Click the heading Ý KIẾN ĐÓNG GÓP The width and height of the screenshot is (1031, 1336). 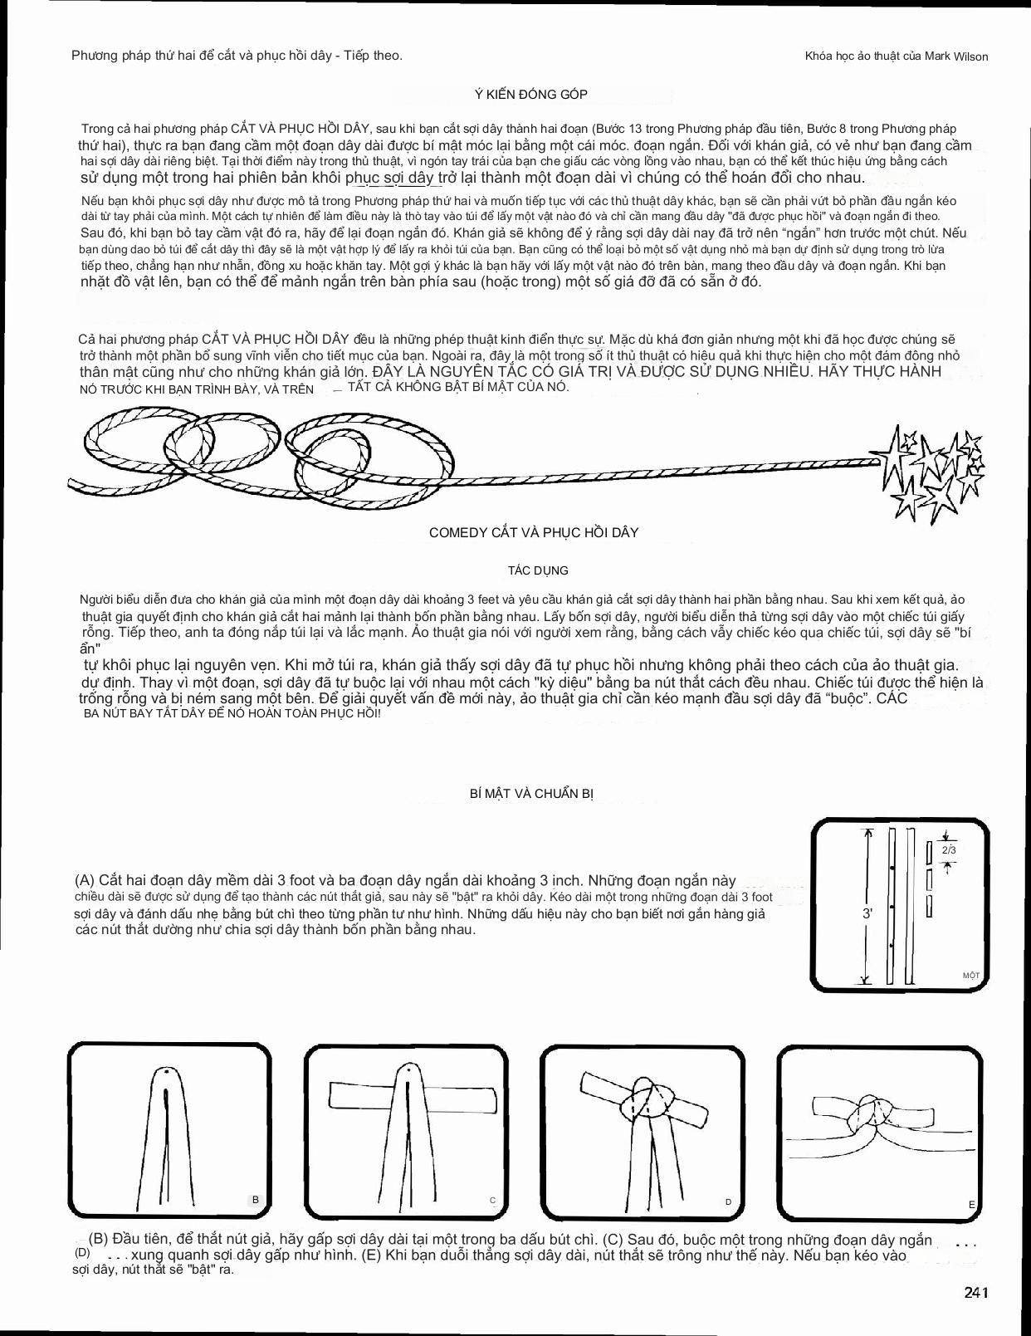[x=531, y=95]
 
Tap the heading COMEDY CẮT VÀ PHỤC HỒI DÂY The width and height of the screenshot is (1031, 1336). [x=534, y=532]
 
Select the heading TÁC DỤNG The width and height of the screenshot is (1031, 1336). [x=538, y=570]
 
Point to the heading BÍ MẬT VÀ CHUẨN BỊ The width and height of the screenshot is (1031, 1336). [x=531, y=793]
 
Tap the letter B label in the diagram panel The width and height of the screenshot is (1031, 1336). [x=256, y=1200]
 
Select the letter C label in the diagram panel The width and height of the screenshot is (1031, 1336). [x=492, y=1200]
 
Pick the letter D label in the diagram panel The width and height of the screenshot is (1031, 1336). [x=728, y=1201]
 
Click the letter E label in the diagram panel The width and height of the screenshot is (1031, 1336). [x=971, y=1204]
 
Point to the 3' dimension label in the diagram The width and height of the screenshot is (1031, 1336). [x=867, y=913]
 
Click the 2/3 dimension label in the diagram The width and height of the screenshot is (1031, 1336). [x=948, y=850]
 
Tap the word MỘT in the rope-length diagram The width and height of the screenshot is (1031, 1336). [x=970, y=975]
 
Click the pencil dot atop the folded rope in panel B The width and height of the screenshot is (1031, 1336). [x=170, y=1072]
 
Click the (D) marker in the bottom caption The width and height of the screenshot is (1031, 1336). [x=82, y=1252]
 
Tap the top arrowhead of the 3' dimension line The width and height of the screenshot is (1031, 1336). [x=868, y=832]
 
